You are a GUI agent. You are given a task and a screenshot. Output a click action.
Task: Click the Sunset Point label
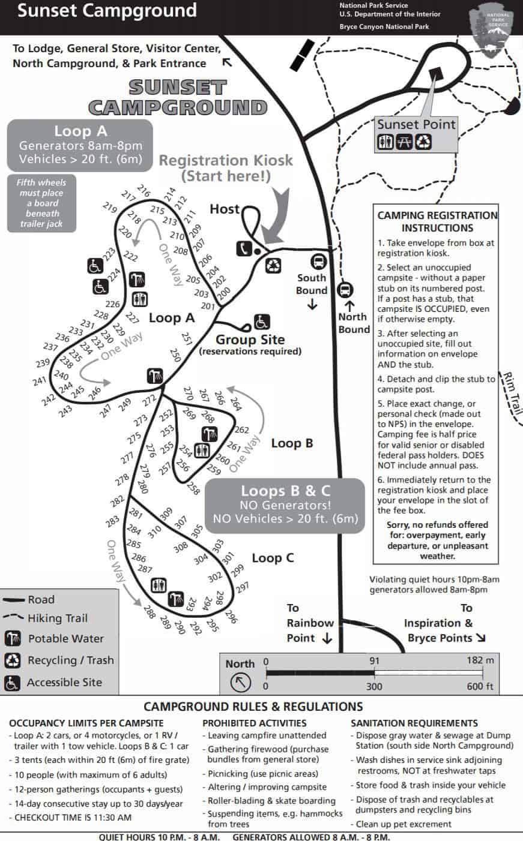click(416, 124)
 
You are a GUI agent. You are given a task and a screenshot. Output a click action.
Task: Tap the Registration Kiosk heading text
click(225, 160)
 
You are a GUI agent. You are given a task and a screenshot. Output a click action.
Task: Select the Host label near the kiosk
click(225, 209)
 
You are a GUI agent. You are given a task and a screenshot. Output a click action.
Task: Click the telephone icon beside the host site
click(244, 248)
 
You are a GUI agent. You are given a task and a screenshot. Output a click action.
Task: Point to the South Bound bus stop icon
click(319, 262)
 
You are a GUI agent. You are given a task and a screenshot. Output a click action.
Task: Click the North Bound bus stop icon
click(345, 290)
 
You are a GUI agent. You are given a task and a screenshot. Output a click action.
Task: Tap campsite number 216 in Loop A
click(144, 191)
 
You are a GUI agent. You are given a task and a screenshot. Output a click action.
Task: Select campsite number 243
click(65, 411)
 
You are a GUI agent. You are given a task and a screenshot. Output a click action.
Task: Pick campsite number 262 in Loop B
click(241, 429)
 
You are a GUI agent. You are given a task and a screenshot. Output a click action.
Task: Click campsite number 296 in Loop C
click(231, 616)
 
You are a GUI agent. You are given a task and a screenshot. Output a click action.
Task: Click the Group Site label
click(250, 340)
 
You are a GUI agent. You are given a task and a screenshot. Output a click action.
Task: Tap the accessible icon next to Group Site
click(262, 322)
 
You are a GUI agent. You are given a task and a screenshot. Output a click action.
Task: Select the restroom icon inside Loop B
click(202, 450)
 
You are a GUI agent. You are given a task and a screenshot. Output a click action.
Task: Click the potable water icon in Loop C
click(175, 599)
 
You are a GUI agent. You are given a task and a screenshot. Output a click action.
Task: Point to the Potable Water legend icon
click(13, 638)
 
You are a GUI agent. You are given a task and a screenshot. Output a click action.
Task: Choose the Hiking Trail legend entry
click(45, 618)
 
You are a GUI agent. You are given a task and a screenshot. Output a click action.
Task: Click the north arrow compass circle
click(240, 682)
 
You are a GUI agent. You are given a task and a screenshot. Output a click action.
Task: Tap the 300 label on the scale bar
click(374, 686)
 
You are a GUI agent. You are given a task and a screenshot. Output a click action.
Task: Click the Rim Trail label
click(513, 393)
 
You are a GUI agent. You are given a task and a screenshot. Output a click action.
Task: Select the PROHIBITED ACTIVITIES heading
click(255, 723)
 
